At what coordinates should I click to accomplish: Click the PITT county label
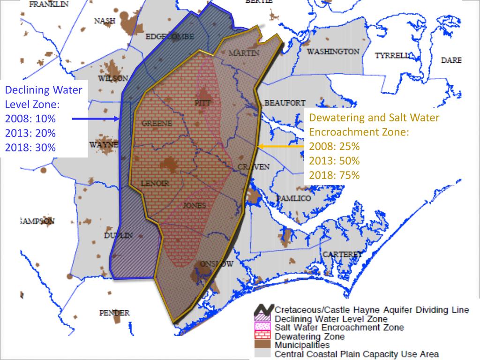[x=203, y=103]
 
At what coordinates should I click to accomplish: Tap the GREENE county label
[x=157, y=123]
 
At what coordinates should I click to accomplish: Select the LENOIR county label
[x=155, y=183]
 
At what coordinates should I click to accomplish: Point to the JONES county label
[x=194, y=205]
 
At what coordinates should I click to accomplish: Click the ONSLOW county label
[x=216, y=264]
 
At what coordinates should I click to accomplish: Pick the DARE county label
[x=451, y=60]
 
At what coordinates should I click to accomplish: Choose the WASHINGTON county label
[x=333, y=51]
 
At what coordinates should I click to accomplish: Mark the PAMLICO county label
[x=293, y=198]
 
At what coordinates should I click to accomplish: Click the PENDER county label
[x=114, y=313]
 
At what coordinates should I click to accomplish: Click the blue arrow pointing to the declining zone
[x=96, y=120]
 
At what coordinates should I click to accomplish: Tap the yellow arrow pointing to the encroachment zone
[x=282, y=147]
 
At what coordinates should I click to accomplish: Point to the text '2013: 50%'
[x=334, y=161]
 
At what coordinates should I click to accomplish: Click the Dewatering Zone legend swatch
[x=266, y=337]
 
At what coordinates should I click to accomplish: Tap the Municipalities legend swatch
[x=266, y=345]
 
